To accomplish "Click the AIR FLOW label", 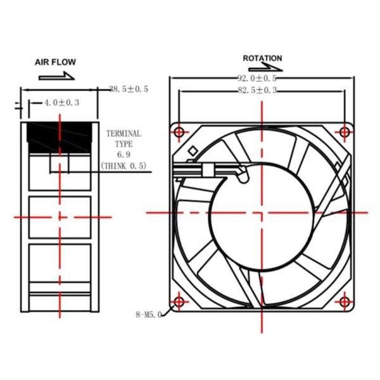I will point(55,62).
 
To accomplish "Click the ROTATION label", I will point(262,58).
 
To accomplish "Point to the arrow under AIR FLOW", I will point(56,76).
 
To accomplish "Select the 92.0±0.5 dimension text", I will point(257,79).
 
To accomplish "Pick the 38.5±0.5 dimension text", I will point(129,89).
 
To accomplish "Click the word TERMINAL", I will point(123,134).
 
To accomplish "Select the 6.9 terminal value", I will point(123,155).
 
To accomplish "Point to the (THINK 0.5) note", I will point(123,165).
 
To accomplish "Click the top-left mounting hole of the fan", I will point(179,132).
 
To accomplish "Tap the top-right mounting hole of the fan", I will point(344,132).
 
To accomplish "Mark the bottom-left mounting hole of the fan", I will point(179,300).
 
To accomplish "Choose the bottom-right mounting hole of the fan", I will point(344,300).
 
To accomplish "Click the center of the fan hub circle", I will point(262,212).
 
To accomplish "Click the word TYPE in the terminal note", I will point(123,144).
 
